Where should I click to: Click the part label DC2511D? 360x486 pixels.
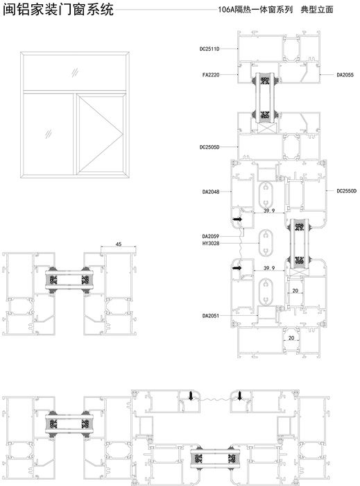click(x=209, y=49)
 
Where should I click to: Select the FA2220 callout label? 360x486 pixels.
click(x=211, y=75)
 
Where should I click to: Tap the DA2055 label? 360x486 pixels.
click(x=345, y=75)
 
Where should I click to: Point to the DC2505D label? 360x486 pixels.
click(x=209, y=147)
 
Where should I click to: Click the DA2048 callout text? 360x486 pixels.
click(x=211, y=192)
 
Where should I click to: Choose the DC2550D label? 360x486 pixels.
click(x=347, y=191)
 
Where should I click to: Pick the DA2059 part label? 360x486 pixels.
click(x=211, y=236)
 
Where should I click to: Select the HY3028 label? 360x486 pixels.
click(x=211, y=243)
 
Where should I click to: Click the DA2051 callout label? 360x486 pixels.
click(x=211, y=316)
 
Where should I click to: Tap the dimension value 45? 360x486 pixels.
click(x=119, y=244)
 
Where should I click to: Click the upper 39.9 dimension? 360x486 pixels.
click(x=269, y=211)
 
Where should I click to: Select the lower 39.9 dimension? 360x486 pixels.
click(x=269, y=268)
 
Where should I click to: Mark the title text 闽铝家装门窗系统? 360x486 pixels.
click(x=58, y=10)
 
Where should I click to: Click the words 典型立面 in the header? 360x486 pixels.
click(x=317, y=10)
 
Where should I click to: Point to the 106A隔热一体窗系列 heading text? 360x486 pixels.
click(x=255, y=10)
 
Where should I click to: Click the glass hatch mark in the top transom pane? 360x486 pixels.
click(x=75, y=73)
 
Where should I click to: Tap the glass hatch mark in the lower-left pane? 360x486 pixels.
click(x=49, y=134)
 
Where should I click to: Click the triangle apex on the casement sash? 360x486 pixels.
click(x=123, y=134)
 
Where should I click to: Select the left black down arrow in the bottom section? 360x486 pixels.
click(x=191, y=396)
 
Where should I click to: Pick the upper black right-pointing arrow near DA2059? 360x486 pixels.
click(x=238, y=219)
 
